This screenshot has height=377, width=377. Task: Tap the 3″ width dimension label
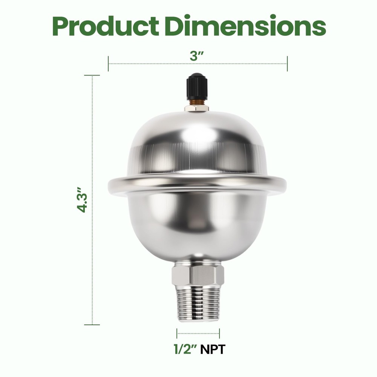(x=197, y=57)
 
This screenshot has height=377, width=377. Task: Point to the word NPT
(x=212, y=349)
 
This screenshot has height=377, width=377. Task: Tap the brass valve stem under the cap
(x=196, y=102)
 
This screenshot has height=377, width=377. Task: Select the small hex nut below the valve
(x=196, y=108)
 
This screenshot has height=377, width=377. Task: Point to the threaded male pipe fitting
(x=198, y=303)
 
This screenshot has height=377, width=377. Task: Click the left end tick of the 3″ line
(x=108, y=64)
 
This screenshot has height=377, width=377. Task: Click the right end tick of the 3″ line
(x=287, y=64)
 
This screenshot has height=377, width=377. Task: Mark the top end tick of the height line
(x=92, y=75)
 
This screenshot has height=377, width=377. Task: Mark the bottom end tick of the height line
(x=92, y=324)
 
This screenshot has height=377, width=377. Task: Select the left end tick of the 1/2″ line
(x=177, y=333)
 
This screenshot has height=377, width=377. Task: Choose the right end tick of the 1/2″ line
(x=219, y=333)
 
